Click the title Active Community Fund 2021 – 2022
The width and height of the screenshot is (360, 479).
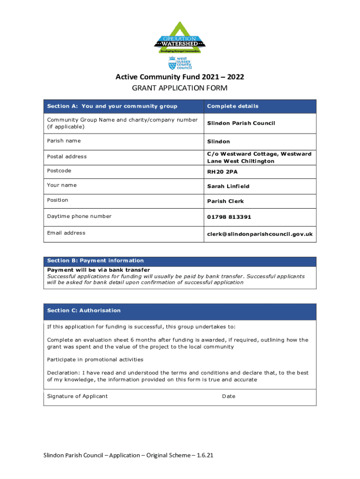coord(180,77)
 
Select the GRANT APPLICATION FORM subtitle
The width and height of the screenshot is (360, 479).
coord(180,88)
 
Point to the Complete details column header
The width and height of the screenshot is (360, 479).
coord(233,106)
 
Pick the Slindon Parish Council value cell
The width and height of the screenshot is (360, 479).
coord(241,123)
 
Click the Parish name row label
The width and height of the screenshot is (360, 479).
coord(64,141)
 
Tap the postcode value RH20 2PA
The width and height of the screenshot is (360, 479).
coord(223,172)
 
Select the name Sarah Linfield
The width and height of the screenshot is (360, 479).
coord(229,186)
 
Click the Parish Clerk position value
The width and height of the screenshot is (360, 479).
coord(225,201)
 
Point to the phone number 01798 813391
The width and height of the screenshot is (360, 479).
coord(229,217)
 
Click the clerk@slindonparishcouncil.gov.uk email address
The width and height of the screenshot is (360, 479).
coord(260,234)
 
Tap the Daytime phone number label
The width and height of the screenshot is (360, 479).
coord(79,216)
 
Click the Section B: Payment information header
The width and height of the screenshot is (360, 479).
coord(96,261)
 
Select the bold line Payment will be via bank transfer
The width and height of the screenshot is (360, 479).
coord(99,270)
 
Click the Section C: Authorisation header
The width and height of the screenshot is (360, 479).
coord(84,311)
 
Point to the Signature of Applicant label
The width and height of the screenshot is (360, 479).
coord(78,396)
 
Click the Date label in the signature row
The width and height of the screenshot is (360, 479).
coord(229,396)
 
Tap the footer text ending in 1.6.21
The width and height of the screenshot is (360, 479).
coord(129,455)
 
